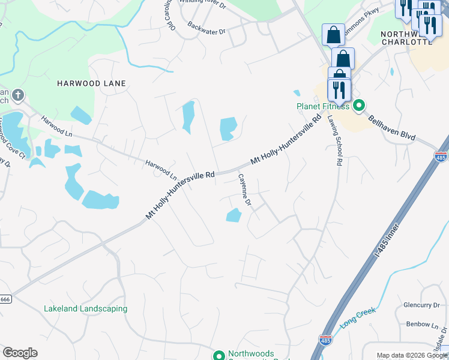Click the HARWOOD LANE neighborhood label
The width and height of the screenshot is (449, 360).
[x=91, y=83]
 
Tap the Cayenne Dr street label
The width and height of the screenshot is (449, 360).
[x=244, y=191]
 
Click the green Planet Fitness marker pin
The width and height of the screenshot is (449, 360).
[x=359, y=106]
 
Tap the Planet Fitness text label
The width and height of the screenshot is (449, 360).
[x=323, y=106]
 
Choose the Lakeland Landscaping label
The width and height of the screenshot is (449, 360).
[x=85, y=308]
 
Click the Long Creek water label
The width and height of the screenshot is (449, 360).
[x=358, y=317]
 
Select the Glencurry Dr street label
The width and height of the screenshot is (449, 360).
[x=422, y=305]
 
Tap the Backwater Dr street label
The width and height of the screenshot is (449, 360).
[x=206, y=28]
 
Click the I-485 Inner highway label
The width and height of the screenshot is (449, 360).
[x=387, y=238]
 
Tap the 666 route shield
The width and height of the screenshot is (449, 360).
[x=4, y=299]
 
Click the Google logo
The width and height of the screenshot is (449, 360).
[x=20, y=353]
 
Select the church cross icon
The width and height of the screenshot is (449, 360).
[x=18, y=95]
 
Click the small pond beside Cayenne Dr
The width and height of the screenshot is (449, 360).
[x=234, y=215]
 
